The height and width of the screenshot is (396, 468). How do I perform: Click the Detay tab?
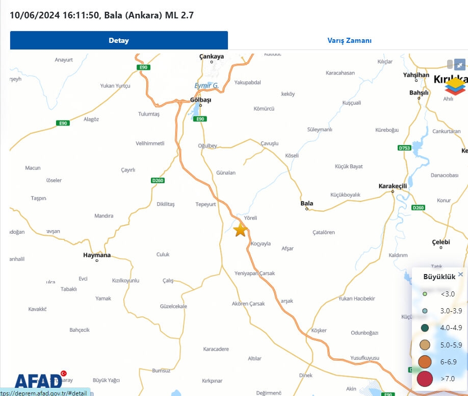pyautogui.click(x=119, y=40)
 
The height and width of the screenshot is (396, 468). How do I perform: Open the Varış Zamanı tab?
pyautogui.click(x=349, y=40)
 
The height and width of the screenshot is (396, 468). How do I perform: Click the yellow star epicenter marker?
pyautogui.click(x=240, y=230)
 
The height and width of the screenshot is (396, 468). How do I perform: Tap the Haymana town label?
pyautogui.click(x=97, y=255)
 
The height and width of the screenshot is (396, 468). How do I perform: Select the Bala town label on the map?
pyautogui.click(x=307, y=203)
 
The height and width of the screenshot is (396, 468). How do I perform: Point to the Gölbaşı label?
pyautogui.click(x=200, y=100)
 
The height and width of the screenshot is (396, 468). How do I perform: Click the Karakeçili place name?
pyautogui.click(x=393, y=186)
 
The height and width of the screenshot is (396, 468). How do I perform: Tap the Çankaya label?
pyautogui.click(x=212, y=57)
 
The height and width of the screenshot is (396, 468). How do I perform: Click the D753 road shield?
pyautogui.click(x=404, y=148)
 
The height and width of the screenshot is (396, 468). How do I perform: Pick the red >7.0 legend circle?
pyautogui.click(x=425, y=379)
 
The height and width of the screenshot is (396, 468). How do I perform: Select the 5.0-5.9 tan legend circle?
pyautogui.click(x=425, y=345)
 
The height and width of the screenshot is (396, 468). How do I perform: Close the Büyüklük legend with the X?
pyautogui.click(x=460, y=274)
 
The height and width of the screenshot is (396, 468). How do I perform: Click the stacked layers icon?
pyautogui.click(x=456, y=86)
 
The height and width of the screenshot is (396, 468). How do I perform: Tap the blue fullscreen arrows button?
pyautogui.click(x=460, y=65)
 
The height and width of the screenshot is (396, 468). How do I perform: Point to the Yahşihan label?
pyautogui.click(x=416, y=75)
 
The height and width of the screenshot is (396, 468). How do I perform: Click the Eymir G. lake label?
pyautogui.click(x=206, y=86)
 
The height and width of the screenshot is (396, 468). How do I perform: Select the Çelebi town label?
pyautogui.click(x=441, y=241)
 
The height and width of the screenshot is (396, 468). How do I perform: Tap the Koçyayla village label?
pyautogui.click(x=260, y=244)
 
